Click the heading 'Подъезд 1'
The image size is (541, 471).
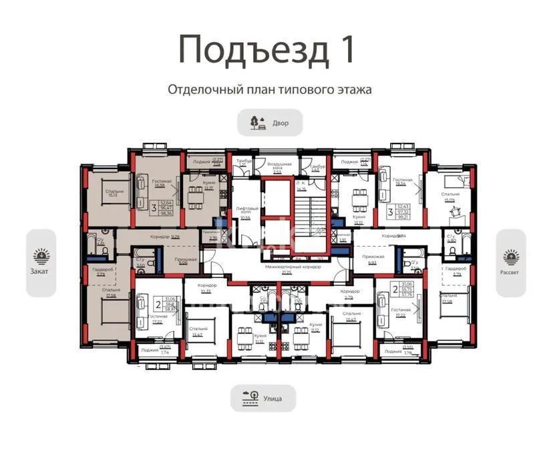coord(270,50)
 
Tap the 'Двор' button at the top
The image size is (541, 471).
coord(270,123)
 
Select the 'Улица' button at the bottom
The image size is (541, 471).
coord(262,399)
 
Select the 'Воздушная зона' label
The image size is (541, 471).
coord(278,166)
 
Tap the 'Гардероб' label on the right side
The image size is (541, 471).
coord(457,271)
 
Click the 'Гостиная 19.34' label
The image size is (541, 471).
coord(403,182)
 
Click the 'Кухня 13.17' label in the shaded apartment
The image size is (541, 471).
coord(208,185)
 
